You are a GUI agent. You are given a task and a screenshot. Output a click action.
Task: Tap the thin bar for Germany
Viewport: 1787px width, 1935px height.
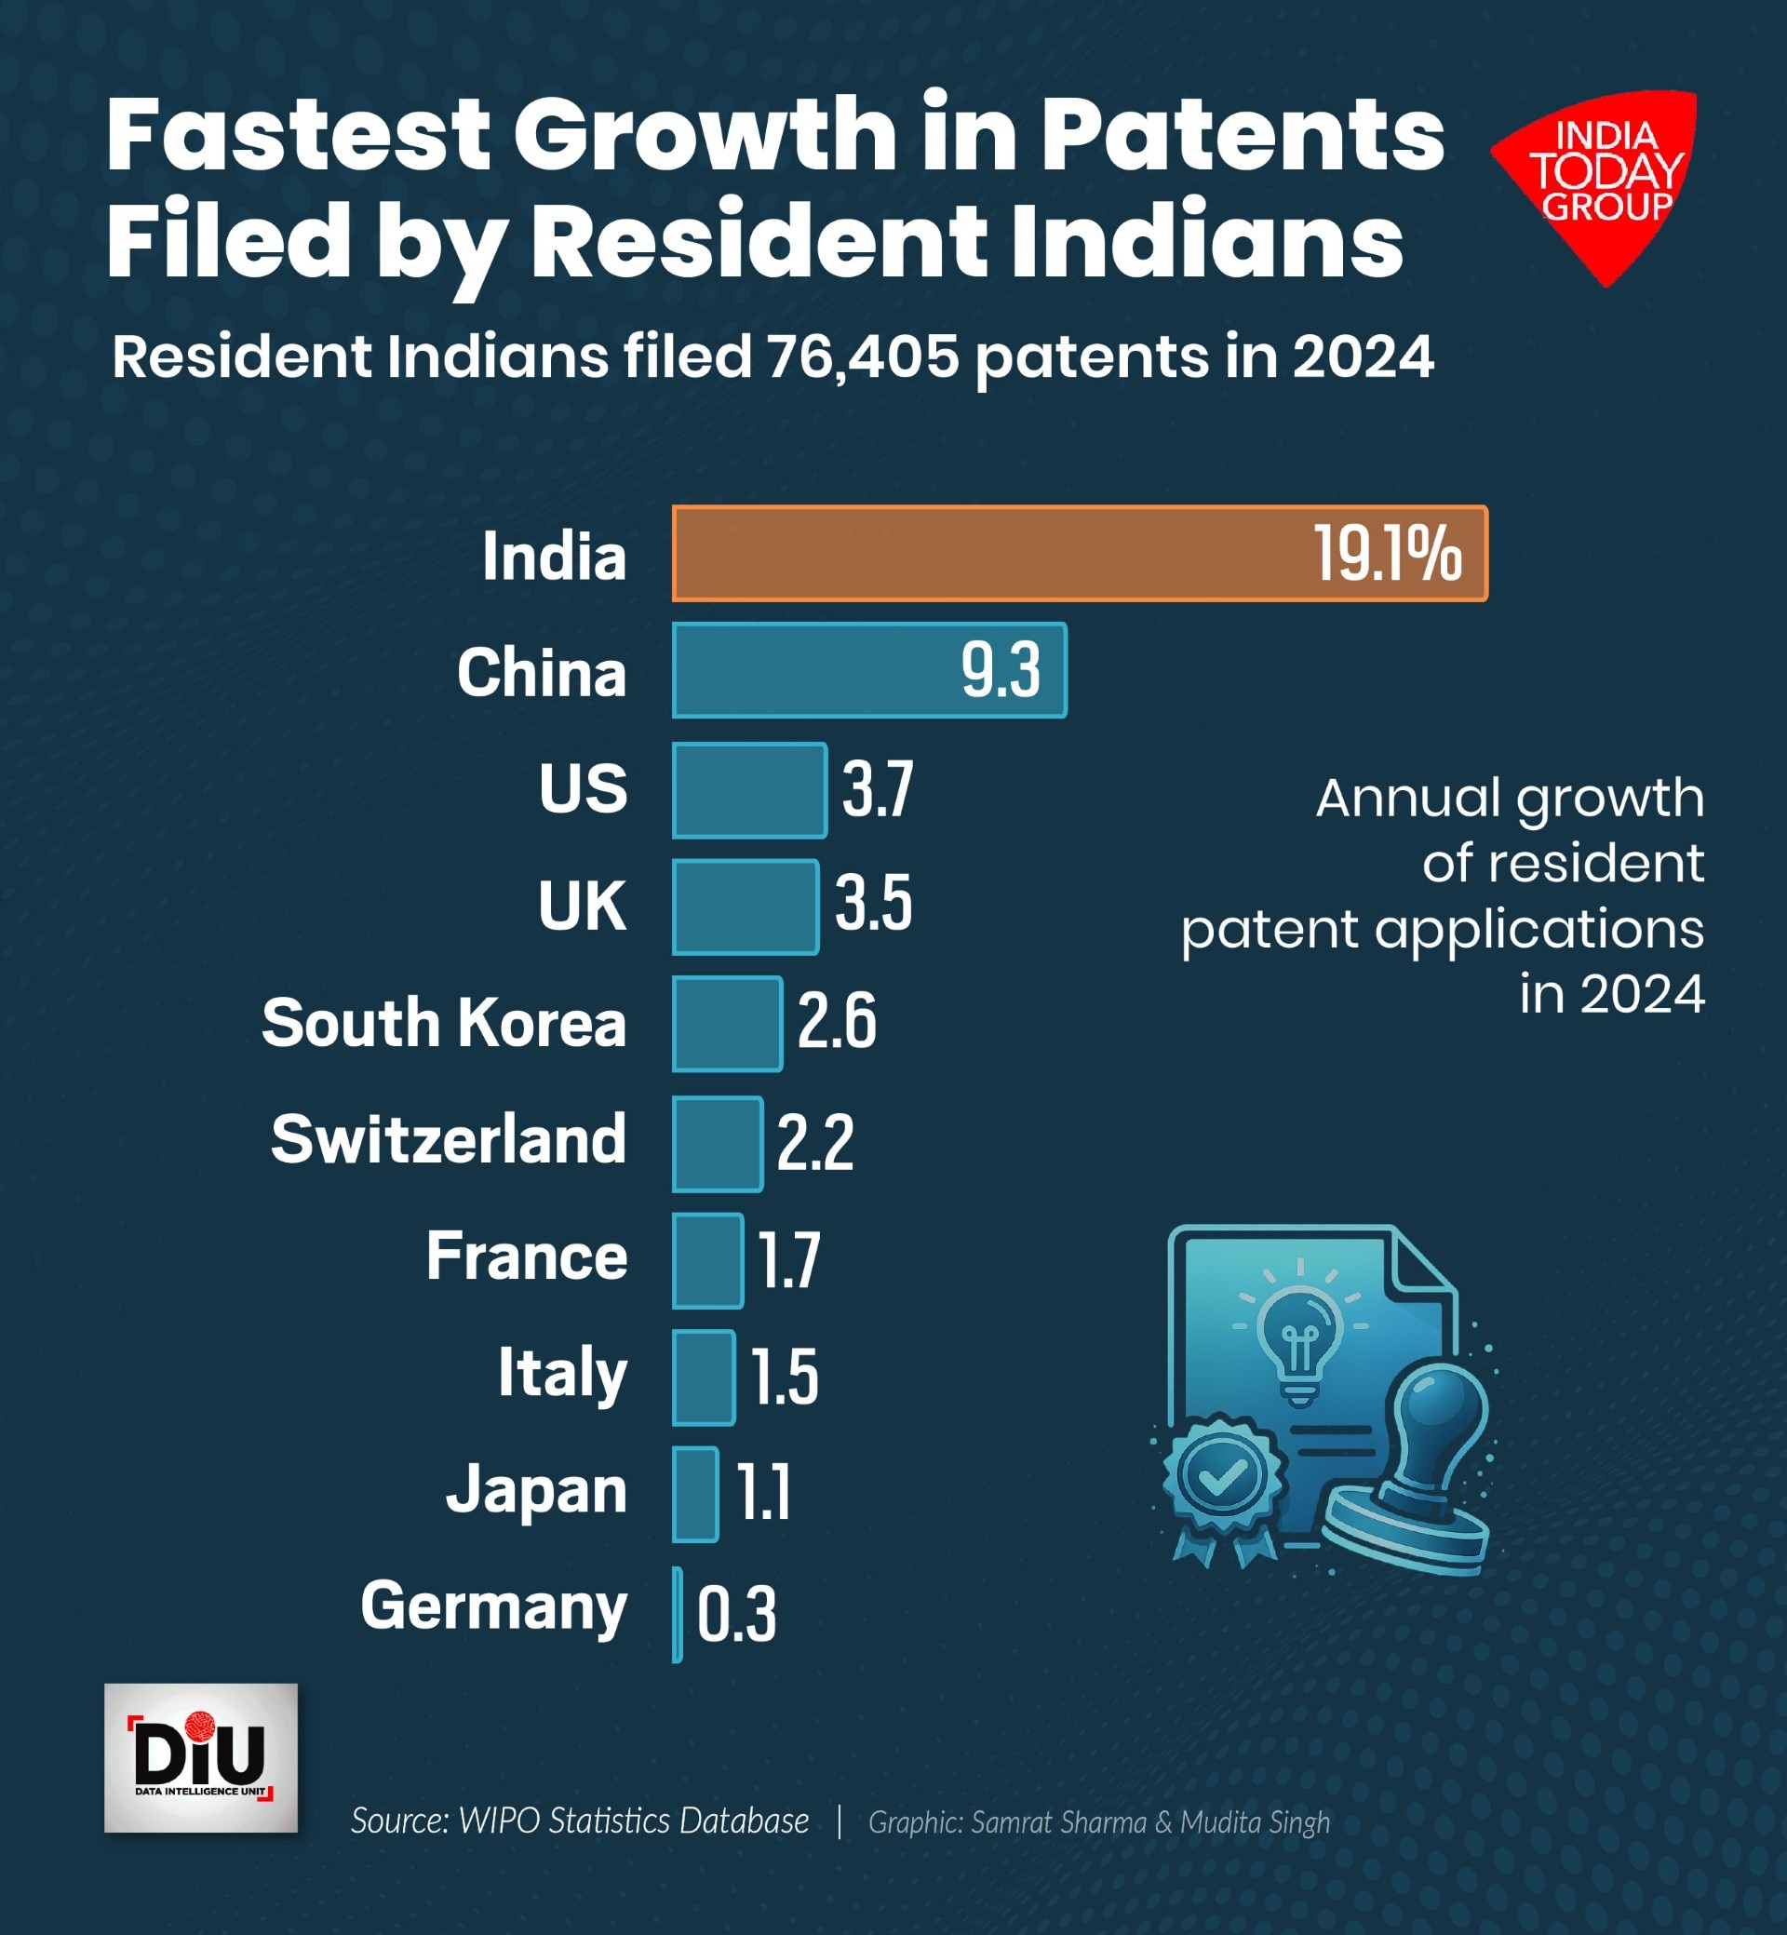click(678, 1614)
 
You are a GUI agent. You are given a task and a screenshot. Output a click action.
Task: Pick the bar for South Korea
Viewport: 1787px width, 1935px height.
click(727, 1023)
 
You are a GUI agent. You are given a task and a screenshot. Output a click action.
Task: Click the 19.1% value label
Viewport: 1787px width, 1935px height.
click(1387, 555)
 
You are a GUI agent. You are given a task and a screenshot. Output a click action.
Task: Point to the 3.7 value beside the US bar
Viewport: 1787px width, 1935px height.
click(877, 789)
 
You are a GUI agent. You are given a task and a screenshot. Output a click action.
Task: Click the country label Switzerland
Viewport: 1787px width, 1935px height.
click(449, 1139)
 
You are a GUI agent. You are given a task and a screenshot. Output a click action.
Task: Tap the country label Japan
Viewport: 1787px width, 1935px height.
click(537, 1490)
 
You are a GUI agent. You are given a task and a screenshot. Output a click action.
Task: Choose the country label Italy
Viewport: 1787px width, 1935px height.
click(563, 1373)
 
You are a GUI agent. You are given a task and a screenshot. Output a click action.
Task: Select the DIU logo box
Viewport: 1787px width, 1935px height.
click(201, 1758)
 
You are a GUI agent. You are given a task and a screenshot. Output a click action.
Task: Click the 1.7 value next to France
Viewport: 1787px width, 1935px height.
click(789, 1260)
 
